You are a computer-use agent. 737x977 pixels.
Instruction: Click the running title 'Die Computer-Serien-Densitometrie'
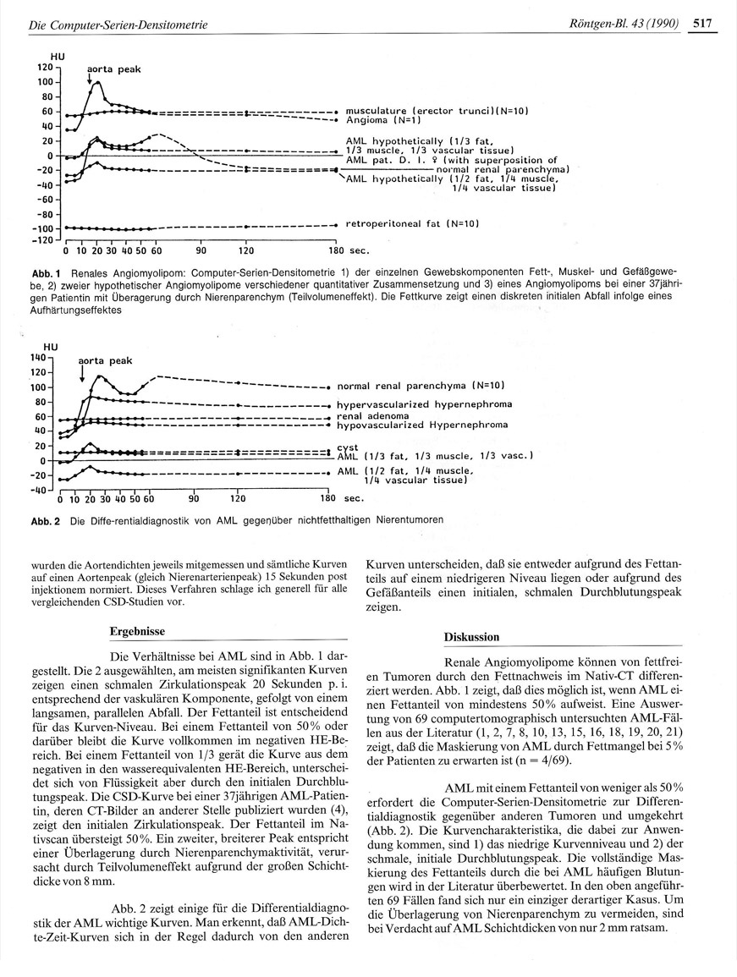(x=118, y=26)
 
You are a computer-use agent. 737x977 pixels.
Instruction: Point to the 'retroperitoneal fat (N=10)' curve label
(x=413, y=224)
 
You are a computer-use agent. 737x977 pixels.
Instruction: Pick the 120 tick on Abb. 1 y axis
(x=45, y=67)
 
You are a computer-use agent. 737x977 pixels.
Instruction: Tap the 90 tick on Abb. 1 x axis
(x=201, y=251)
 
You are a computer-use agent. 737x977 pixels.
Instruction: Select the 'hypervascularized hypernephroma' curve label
(x=423, y=405)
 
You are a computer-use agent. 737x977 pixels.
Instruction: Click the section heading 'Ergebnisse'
(x=137, y=631)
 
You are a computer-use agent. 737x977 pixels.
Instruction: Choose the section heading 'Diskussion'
(x=471, y=636)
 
